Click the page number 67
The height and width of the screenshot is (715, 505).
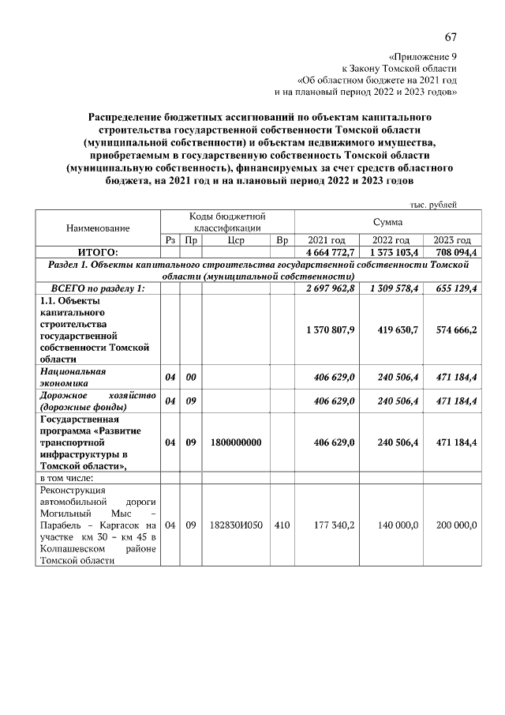451,38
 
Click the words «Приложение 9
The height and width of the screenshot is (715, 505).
423,57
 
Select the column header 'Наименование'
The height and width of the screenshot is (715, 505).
98,228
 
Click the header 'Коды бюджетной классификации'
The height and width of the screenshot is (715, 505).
227,222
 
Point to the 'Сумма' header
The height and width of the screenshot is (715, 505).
388,223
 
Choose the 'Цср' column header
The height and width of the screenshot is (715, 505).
236,240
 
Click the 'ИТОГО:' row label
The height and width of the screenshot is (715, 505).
98,251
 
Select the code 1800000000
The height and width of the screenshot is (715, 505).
236,443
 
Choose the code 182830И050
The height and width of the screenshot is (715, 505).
236,525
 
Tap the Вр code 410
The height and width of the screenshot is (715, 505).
282,525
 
